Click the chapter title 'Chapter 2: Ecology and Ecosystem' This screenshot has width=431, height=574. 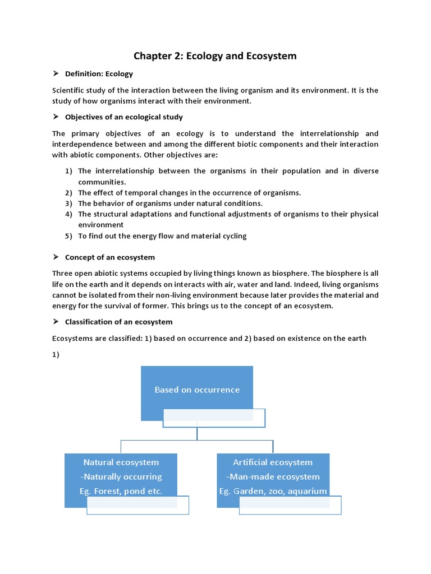[215, 56]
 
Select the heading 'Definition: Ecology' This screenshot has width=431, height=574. [99, 74]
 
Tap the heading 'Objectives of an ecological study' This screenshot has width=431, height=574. [123, 117]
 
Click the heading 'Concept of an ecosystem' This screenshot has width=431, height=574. [110, 257]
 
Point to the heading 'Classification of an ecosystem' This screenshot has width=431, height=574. [119, 322]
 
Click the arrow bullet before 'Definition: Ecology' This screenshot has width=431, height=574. [56, 74]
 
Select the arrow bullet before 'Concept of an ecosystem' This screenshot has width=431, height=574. [56, 257]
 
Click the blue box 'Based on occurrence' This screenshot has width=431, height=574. [197, 390]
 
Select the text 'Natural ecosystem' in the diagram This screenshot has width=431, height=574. [121, 462]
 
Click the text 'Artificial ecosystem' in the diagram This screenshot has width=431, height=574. [273, 462]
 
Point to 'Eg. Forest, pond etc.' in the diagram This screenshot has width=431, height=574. [121, 492]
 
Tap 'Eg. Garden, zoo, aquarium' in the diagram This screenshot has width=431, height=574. [273, 492]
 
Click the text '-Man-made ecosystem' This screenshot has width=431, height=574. [273, 477]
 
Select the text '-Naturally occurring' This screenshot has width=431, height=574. [121, 477]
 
